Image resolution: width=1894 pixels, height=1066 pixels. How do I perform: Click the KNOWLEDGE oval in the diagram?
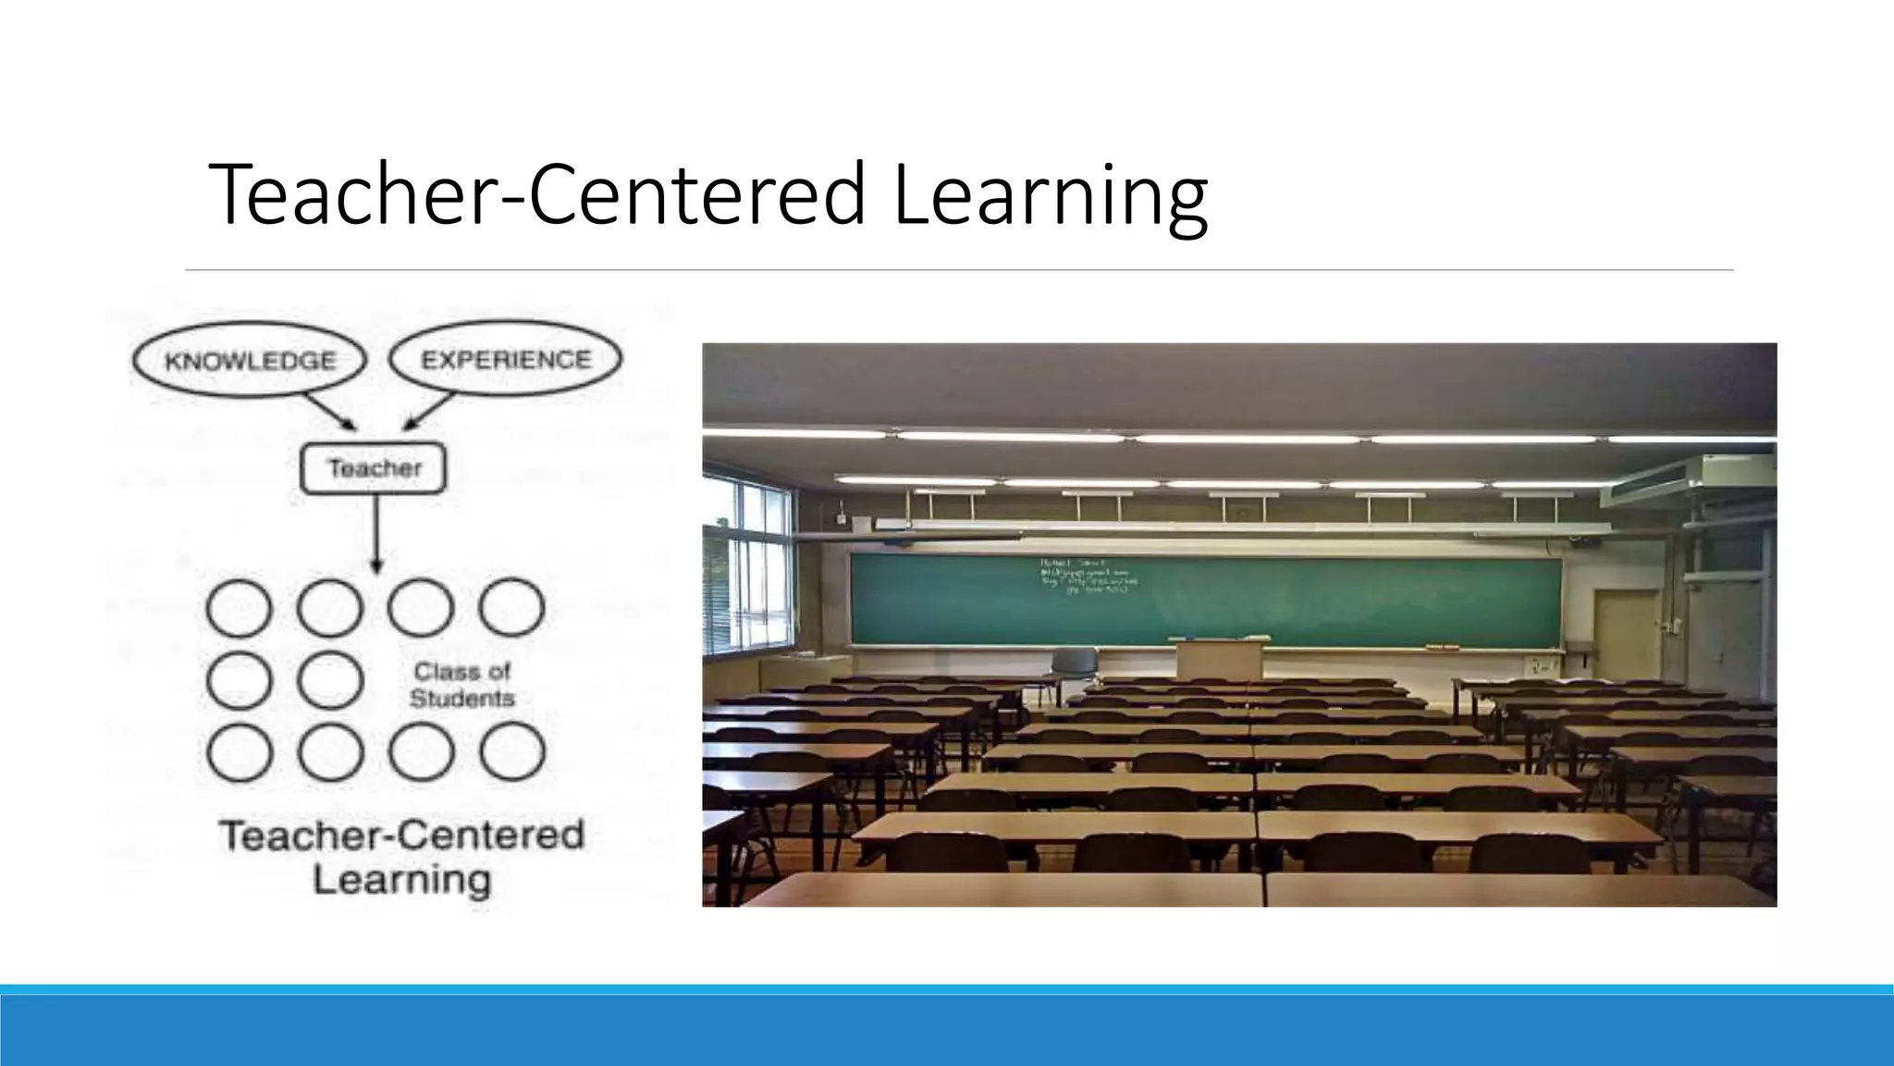250,360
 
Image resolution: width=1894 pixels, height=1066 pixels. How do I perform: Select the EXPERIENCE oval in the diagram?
505,359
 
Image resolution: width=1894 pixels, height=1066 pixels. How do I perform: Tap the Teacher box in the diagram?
374,468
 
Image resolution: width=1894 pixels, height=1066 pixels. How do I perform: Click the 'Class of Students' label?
461,685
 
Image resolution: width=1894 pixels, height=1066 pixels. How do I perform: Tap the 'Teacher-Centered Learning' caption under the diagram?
401,857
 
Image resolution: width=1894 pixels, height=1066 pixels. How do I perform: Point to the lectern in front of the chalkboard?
1219,659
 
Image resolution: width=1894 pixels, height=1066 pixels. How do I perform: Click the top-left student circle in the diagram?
239,608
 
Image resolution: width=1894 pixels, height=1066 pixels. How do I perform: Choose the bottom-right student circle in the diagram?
511,751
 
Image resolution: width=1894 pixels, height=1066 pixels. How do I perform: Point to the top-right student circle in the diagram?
511,608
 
